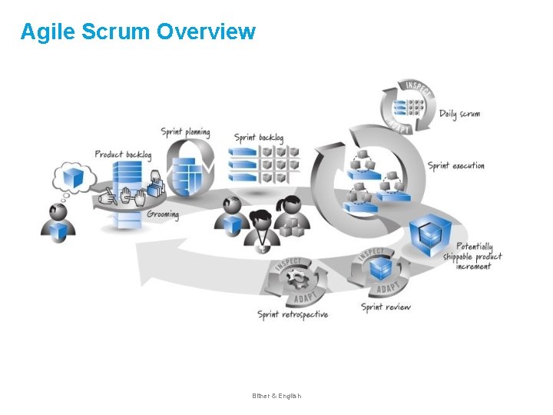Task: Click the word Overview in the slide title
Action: [206, 32]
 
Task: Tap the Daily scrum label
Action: [459, 114]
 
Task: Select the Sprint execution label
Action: [456, 165]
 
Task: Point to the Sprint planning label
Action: [185, 132]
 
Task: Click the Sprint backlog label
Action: [259, 138]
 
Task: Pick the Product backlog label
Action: [123, 154]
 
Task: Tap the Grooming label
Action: [162, 214]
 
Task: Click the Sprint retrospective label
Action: [293, 314]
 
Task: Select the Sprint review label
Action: [386, 307]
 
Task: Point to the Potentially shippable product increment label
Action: [472, 256]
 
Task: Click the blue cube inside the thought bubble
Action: [74, 178]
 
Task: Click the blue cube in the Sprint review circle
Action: [381, 268]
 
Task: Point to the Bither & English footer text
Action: [276, 396]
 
